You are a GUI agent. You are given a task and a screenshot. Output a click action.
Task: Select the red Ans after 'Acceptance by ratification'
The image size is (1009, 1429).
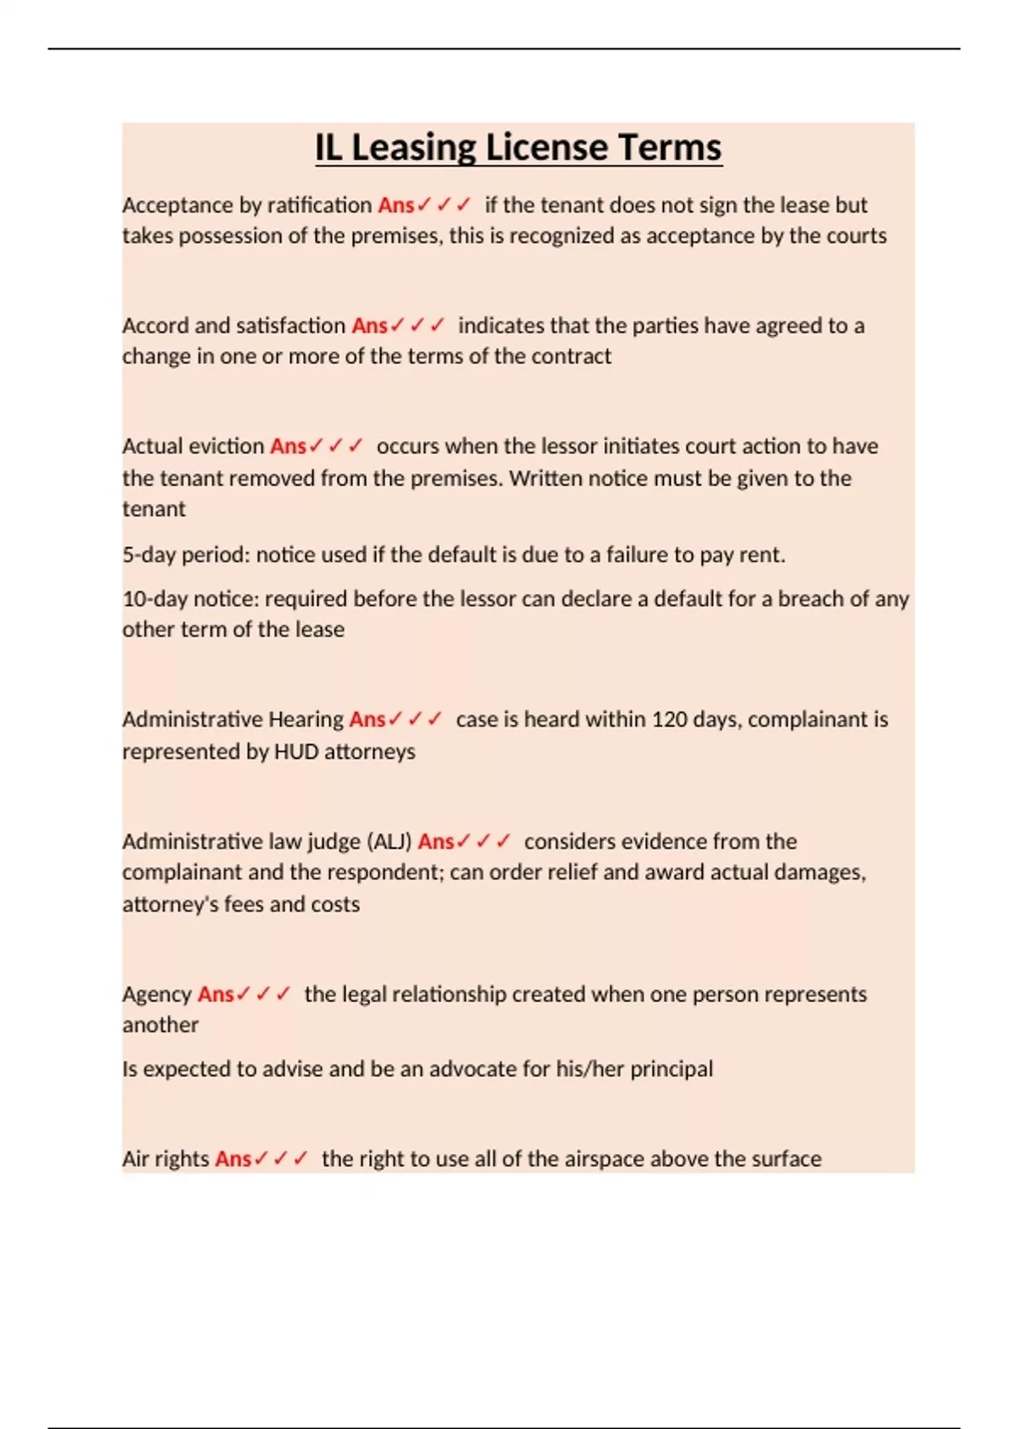click(x=395, y=205)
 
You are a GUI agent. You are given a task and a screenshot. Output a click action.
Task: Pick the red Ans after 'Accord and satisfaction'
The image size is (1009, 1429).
click(x=369, y=326)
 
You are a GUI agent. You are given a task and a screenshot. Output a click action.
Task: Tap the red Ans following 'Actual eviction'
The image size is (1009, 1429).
click(x=288, y=446)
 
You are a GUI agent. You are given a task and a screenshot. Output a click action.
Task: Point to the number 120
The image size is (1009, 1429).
click(x=669, y=720)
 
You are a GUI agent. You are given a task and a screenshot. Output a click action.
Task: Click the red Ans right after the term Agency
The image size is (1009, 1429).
click(x=215, y=994)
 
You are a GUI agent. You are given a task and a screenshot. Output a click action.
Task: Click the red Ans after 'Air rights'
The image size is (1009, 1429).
click(x=233, y=1159)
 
